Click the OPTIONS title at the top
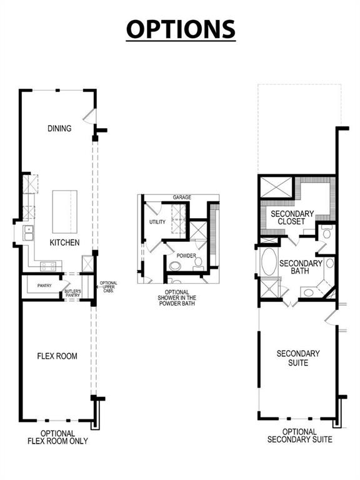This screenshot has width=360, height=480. point(181,29)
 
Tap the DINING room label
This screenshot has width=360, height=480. point(59,129)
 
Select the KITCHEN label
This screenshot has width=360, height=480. point(64,242)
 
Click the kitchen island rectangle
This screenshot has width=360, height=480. point(63,211)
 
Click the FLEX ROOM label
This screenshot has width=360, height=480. point(57,356)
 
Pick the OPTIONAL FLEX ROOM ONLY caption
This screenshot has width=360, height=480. point(57,437)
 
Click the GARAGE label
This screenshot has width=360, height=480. point(182,197)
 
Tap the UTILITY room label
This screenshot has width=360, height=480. point(157,222)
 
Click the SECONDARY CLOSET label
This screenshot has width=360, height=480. point(287,217)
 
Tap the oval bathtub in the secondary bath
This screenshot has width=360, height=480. point(267,263)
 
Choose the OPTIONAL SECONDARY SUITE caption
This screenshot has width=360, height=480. point(299,436)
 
